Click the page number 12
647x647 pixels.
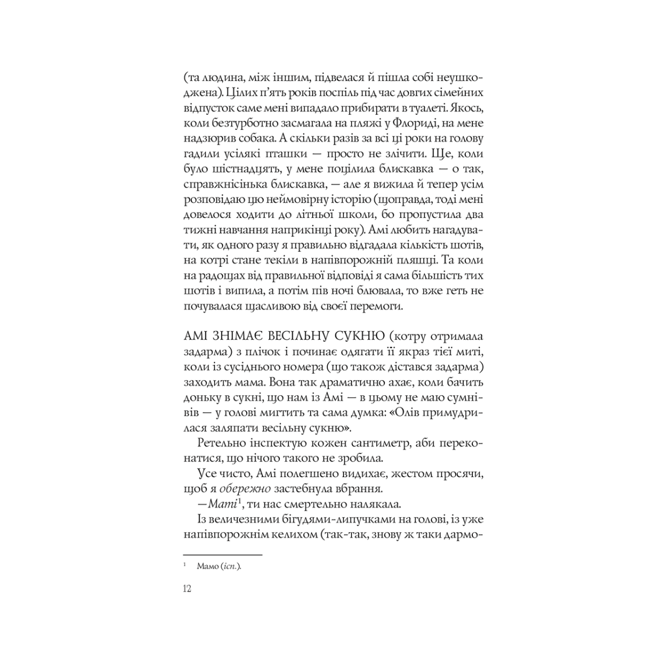point(187,588)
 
